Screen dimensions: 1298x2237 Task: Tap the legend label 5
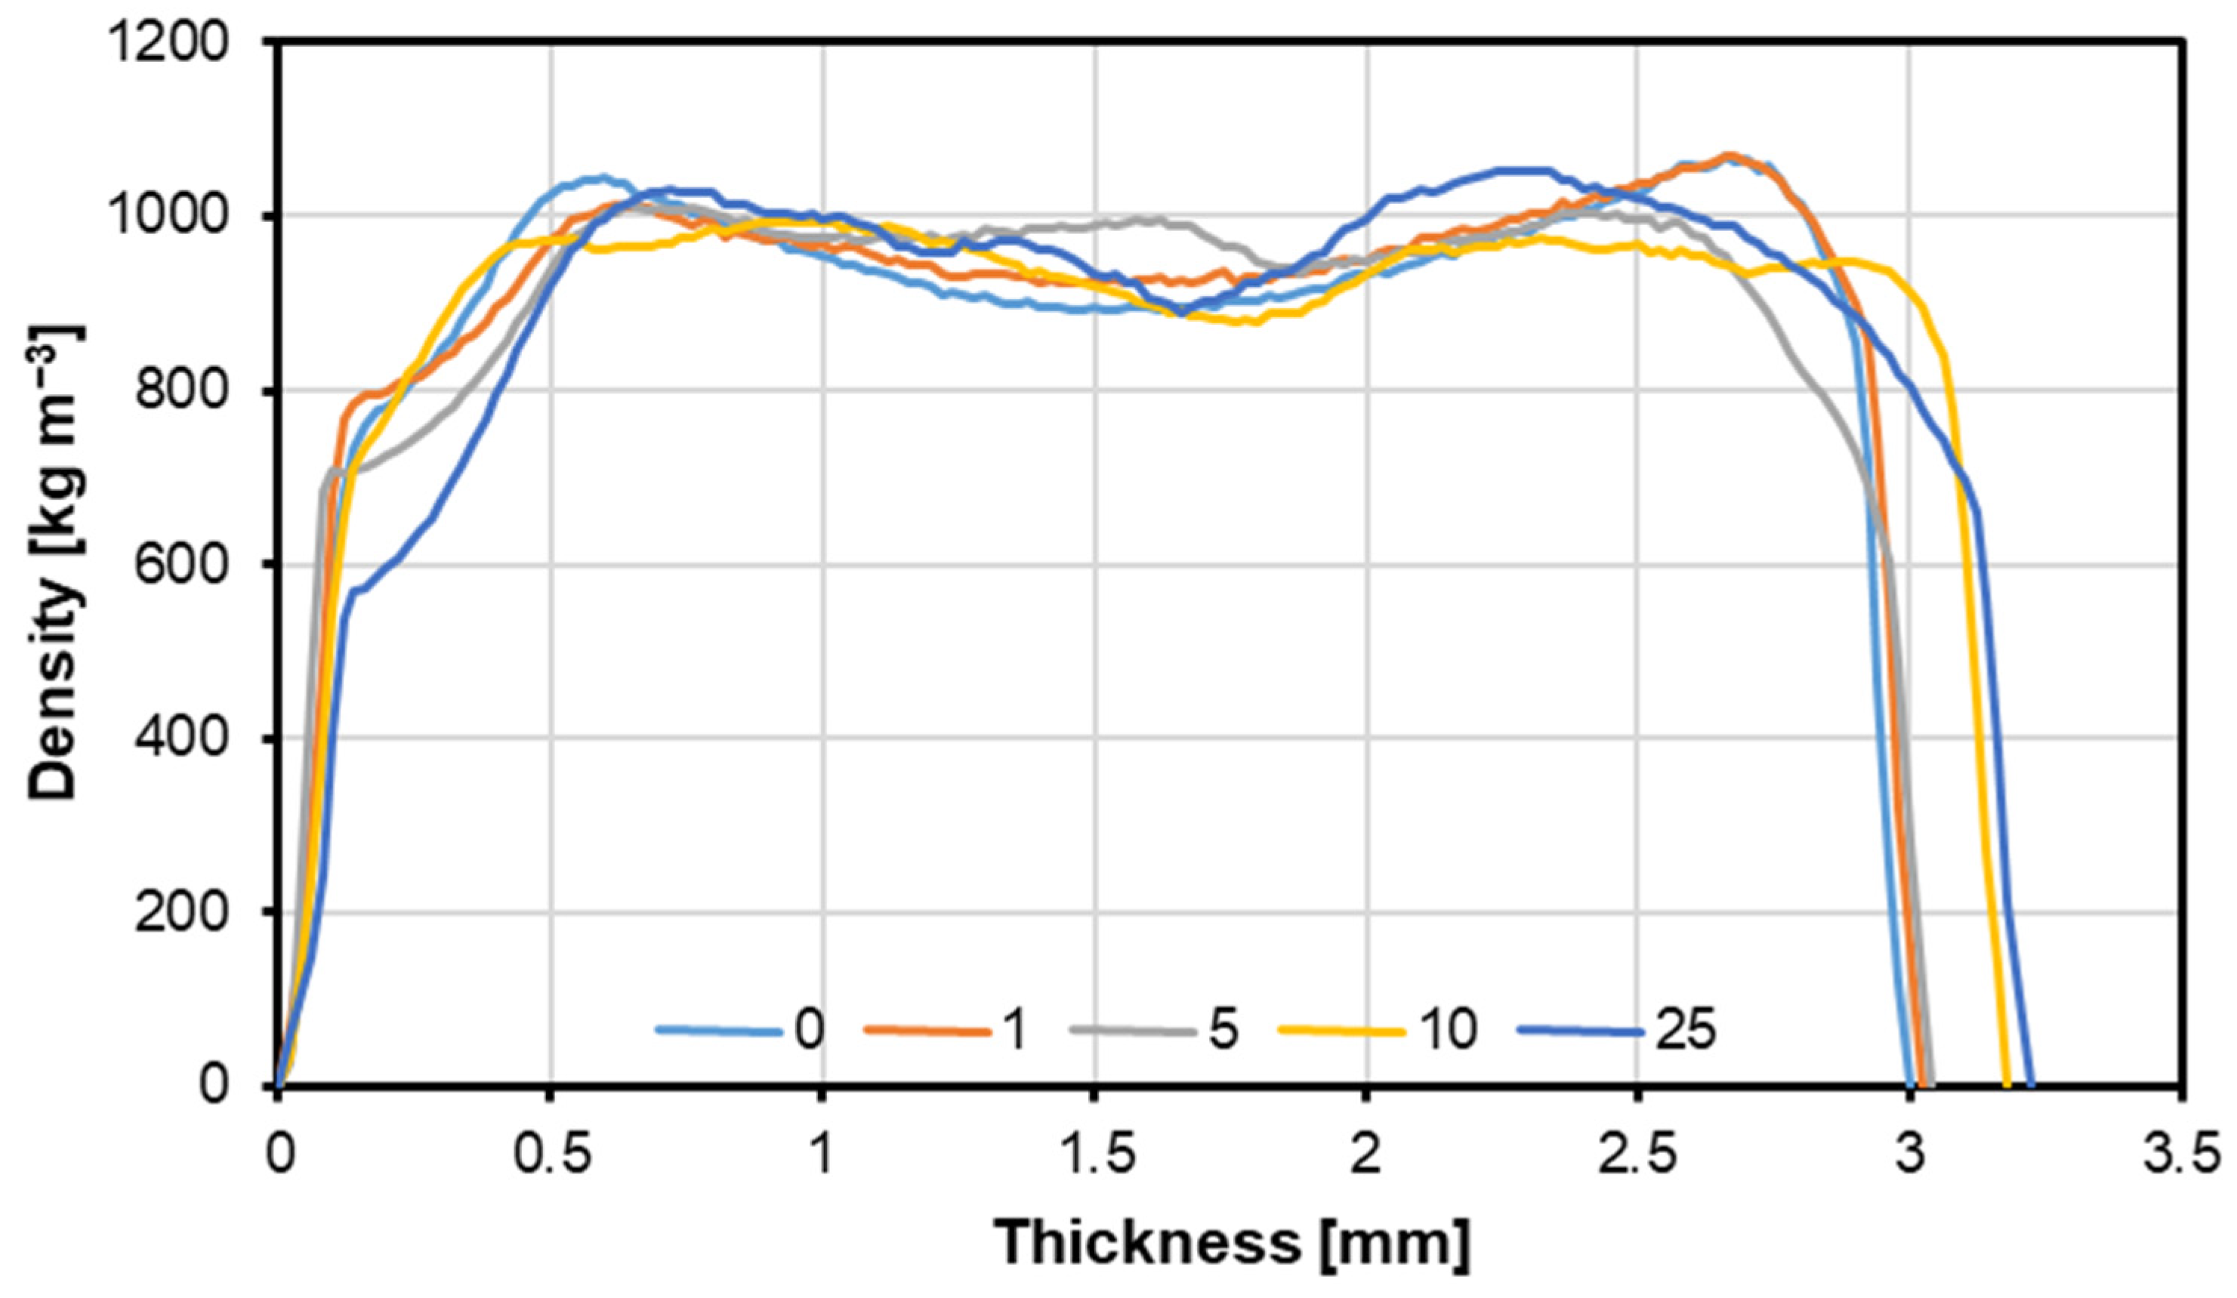1223,1031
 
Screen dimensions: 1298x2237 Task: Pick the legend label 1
1014,1031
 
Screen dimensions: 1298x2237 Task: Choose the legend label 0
809,1031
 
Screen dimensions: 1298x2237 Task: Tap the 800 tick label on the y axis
181,390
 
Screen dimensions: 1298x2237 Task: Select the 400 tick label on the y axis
181,738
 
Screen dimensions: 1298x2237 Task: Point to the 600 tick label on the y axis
181,565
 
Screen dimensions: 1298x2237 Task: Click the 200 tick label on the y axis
181,913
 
